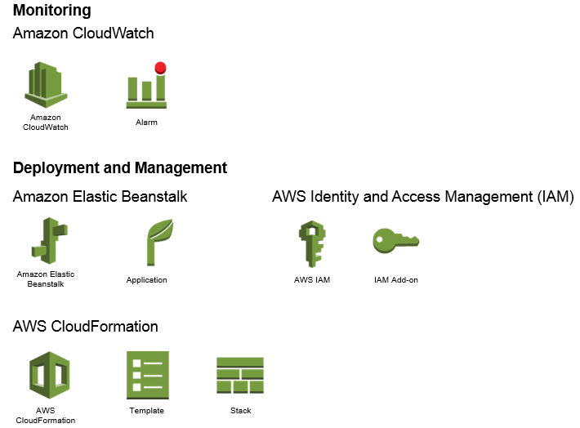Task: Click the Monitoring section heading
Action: pos(51,11)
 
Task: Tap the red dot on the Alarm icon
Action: pos(160,68)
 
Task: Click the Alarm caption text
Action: pos(146,123)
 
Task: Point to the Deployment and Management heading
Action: pos(120,168)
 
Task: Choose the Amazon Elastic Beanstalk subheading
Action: pos(100,197)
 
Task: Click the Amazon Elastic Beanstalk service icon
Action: pos(46,242)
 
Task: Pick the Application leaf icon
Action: pos(157,243)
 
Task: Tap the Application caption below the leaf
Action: pos(146,280)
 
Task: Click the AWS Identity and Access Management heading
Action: pos(422,197)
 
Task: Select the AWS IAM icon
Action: pos(312,243)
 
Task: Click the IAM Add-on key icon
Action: pos(395,241)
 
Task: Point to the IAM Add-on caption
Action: pos(395,280)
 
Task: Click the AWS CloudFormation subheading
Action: pos(85,327)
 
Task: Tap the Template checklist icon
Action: pos(147,376)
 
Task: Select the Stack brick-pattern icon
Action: pos(240,376)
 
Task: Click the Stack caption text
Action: pos(240,411)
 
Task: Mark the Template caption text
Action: pos(147,411)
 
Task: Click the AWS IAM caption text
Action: pos(312,280)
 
